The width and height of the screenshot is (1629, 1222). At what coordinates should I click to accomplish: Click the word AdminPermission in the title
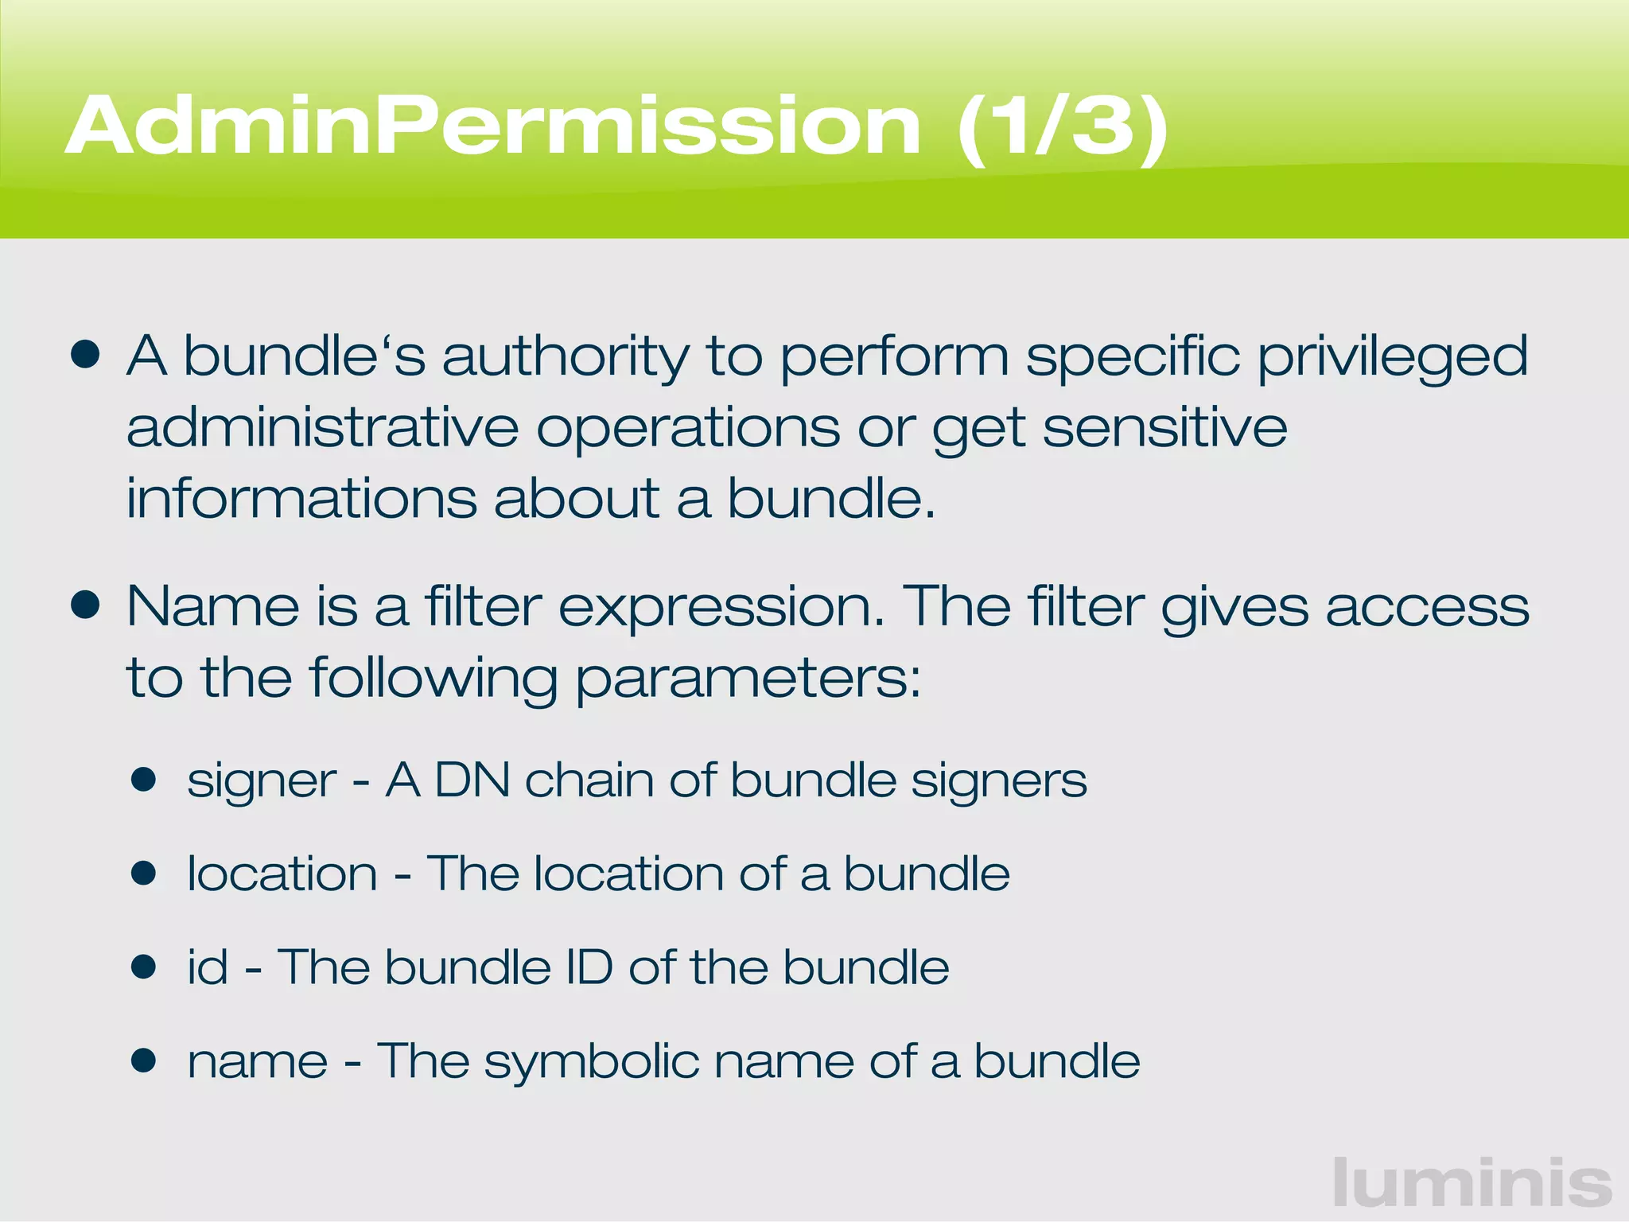493,127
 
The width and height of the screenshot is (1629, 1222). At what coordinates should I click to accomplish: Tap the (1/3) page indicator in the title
1063,127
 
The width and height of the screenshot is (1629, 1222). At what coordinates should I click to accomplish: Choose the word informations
301,499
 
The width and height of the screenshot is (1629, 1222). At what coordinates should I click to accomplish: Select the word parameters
748,678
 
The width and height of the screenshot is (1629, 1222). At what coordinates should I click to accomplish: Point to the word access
1427,606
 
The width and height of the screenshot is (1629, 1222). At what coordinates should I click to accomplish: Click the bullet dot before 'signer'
144,780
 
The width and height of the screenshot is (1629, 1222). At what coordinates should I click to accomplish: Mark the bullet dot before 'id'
144,967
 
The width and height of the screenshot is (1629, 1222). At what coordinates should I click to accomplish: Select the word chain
589,780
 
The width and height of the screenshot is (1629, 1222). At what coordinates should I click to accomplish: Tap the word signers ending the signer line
999,780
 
